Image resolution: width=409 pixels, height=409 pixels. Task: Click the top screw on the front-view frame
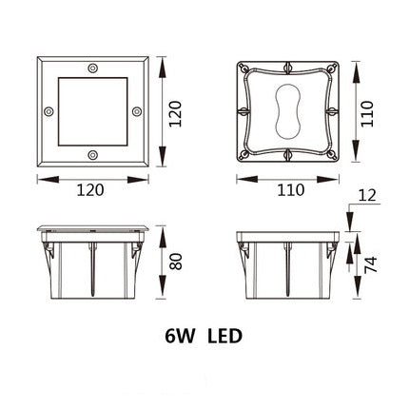[92, 69]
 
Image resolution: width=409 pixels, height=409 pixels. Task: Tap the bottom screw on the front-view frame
[92, 154]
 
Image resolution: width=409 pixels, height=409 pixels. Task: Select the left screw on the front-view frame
[49, 111]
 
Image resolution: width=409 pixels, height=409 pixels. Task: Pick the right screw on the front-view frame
[136, 111]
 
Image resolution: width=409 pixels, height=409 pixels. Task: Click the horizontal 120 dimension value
[92, 191]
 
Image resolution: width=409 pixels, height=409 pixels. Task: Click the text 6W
[178, 336]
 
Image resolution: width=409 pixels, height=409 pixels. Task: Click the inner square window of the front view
[92, 111]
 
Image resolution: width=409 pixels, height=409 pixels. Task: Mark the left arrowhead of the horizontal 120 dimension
[39, 177]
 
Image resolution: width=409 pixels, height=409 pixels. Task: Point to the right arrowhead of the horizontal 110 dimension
[338, 177]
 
